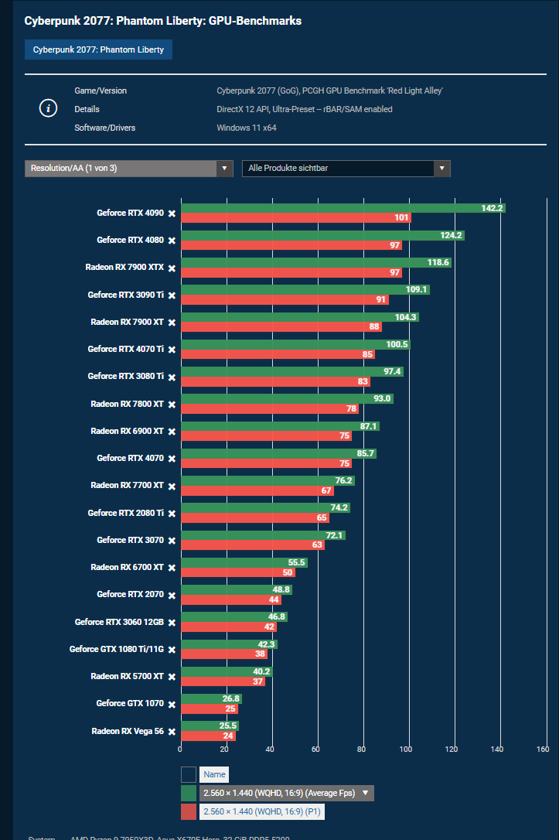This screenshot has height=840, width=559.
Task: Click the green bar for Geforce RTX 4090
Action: coord(340,208)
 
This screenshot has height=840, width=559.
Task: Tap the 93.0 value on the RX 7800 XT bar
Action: coord(382,399)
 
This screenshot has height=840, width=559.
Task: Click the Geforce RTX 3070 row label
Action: coord(130,540)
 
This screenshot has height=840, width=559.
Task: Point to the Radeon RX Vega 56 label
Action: coord(128,731)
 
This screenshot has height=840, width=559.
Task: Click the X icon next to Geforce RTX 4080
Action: coord(172,241)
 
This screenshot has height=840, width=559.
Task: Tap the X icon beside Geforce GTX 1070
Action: coord(172,704)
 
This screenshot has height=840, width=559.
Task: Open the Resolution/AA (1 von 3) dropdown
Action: coord(129,168)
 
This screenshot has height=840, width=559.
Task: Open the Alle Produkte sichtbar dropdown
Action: coord(346,168)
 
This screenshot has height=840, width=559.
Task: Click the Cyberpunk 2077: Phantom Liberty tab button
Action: coord(98,50)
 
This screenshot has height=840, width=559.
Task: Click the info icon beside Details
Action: coord(48,108)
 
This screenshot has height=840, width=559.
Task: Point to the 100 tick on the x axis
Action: coord(406,749)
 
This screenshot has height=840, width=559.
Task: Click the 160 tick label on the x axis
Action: coord(542,749)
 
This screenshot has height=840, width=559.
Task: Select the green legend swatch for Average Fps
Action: coord(189,793)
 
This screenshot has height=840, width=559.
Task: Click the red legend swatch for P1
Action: coord(189,811)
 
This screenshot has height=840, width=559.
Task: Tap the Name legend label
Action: coord(214,774)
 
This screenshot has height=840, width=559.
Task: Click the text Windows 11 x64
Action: coord(246,128)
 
